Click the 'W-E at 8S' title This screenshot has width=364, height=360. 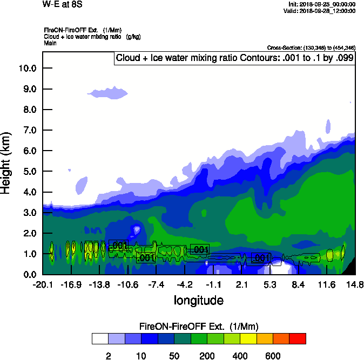click(60, 4)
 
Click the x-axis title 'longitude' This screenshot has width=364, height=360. click(198, 300)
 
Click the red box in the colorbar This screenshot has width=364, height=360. click(298, 338)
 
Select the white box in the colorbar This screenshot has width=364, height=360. click(100, 338)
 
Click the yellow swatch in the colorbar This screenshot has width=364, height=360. click(248, 338)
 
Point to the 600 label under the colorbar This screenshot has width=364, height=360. click(273, 356)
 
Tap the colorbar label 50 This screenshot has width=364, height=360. click(174, 356)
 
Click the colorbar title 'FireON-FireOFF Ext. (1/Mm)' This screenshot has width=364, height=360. click(199, 327)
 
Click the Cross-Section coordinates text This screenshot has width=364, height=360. click(311, 48)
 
